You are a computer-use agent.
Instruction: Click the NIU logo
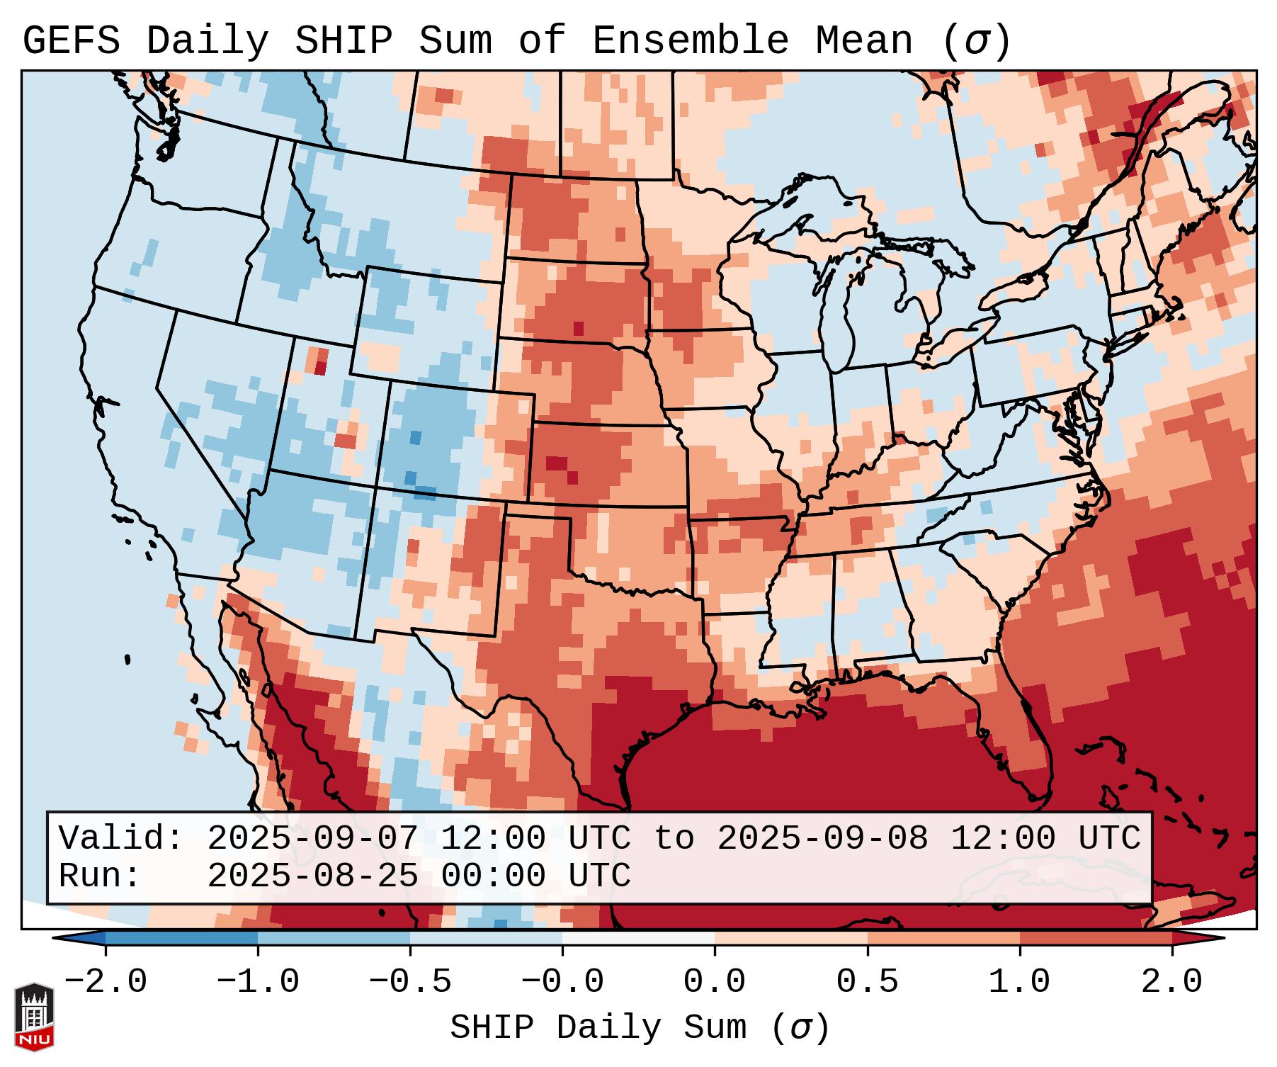34,1016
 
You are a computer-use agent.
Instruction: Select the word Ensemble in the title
690,41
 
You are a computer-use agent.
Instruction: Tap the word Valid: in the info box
121,839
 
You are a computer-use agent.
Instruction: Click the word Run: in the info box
100,876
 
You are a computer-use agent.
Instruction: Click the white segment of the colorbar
638,938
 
